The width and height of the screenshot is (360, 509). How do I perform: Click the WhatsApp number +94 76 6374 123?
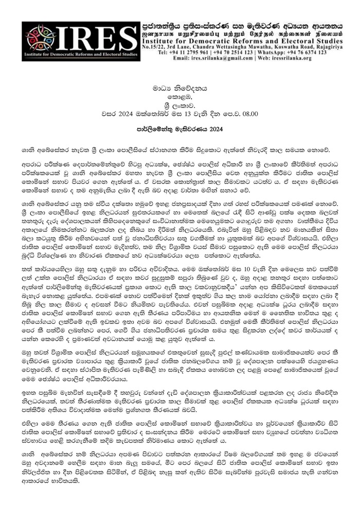click(x=310, y=52)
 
